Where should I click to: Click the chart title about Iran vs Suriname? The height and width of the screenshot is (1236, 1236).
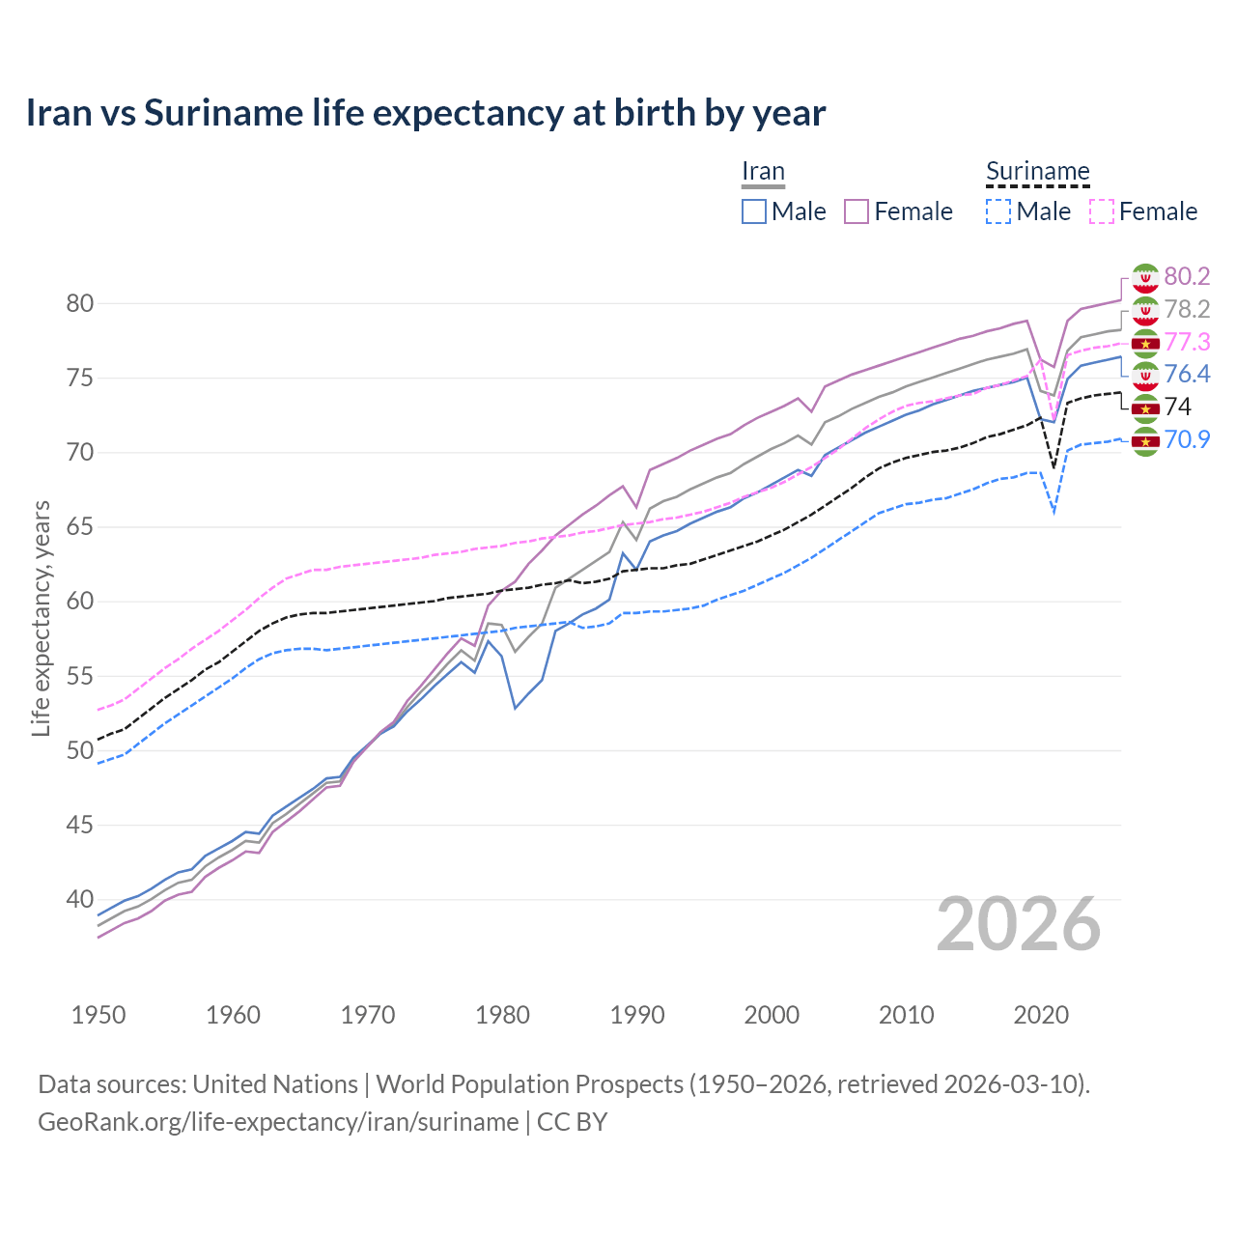pos(425,113)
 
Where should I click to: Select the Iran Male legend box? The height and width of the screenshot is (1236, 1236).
pos(754,211)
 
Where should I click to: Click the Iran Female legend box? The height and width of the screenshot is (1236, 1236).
pos(857,211)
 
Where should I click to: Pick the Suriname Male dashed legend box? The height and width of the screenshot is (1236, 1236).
pos(998,211)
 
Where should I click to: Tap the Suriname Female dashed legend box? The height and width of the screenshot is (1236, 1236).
pos(1101,211)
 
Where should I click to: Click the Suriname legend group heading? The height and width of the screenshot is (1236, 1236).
pos(1037,172)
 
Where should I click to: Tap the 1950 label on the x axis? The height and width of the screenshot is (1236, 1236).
pos(98,1015)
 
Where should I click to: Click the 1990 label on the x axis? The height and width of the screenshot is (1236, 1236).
pos(637,1015)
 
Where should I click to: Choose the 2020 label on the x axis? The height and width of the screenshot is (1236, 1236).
pos(1041,1015)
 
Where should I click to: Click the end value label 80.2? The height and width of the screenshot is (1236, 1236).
pos(1187,276)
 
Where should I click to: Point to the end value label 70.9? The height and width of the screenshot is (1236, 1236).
pos(1187,440)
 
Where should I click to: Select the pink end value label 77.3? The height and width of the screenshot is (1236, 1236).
pos(1187,342)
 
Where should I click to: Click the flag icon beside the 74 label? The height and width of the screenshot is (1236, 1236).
pos(1145,408)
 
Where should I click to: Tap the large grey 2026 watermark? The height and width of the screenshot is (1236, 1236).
pos(1019,924)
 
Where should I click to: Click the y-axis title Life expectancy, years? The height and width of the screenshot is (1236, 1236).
pos(41,618)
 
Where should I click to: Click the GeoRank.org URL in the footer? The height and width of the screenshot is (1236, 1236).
pos(278,1122)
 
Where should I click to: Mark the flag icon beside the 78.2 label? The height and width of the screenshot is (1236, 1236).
pos(1145,310)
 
